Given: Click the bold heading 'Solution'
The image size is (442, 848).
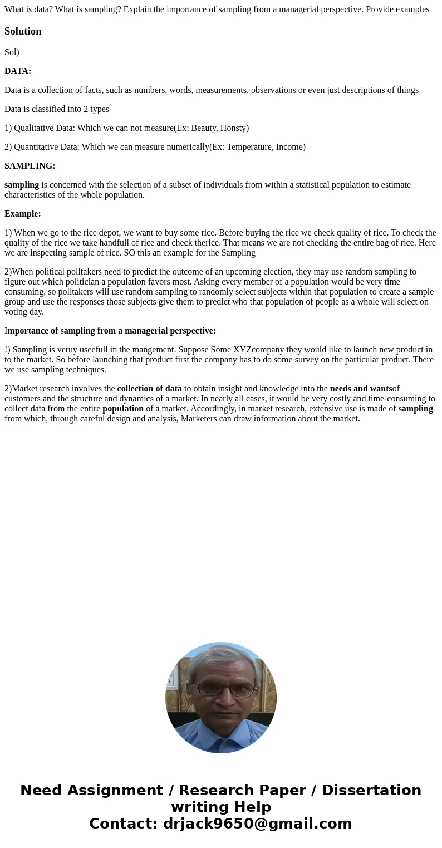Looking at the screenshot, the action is point(23,31).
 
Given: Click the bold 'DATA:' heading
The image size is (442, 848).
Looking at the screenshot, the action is point(18,71).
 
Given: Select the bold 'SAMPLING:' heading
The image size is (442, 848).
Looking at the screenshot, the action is point(30,166).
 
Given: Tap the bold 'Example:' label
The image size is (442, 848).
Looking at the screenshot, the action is point(22,214).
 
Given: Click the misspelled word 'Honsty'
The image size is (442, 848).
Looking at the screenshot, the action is point(233,128).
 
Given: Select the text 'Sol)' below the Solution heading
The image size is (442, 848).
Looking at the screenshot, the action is point(12,52).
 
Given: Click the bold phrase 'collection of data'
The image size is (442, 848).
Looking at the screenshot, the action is point(149,389).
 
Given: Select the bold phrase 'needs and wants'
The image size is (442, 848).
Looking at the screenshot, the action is point(361,389).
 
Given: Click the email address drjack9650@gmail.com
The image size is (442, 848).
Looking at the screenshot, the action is point(257,824).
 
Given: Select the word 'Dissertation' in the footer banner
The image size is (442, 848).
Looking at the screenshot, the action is point(371,791).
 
